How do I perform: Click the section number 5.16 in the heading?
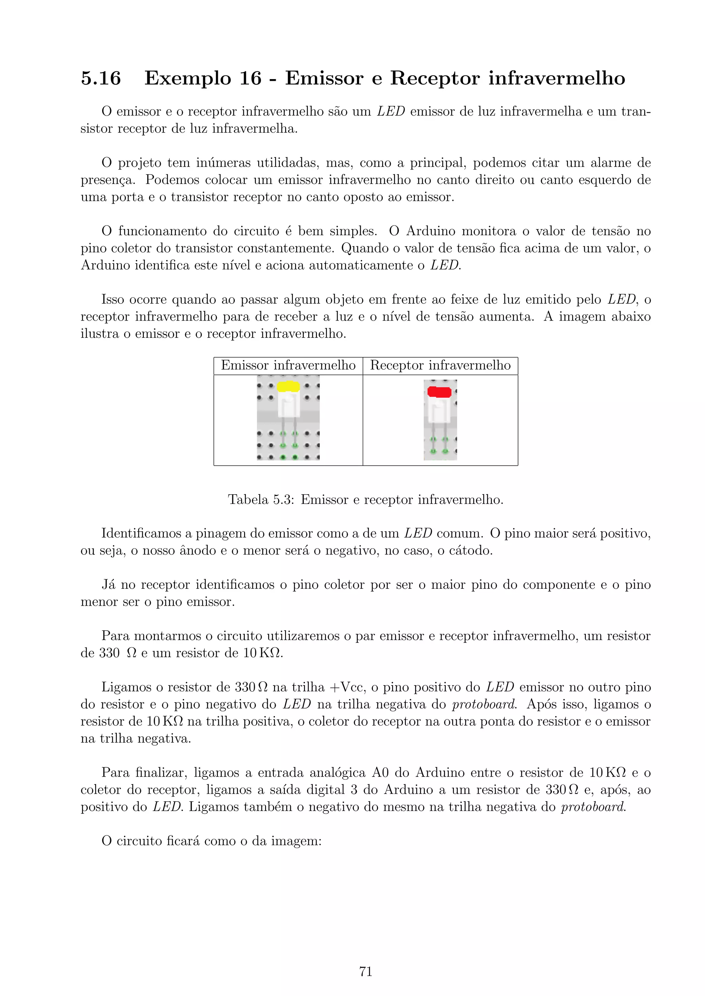[101, 78]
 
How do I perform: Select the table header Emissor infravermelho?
[288, 365]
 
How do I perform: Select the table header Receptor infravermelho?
[440, 365]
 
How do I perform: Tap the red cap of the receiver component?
[439, 392]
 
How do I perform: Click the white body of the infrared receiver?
[439, 410]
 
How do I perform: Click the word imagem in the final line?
[296, 842]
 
